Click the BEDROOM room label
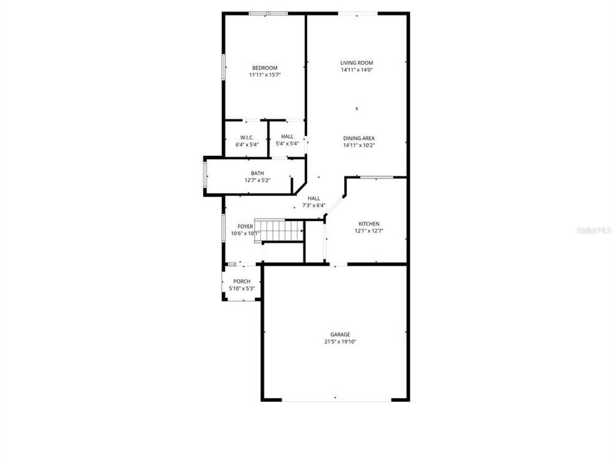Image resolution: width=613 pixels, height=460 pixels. point(265,68)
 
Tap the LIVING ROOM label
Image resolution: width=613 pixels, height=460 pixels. point(357,63)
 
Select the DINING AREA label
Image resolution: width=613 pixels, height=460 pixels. point(359,138)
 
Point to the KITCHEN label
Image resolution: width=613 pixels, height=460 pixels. point(368,224)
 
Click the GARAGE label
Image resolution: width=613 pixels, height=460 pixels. point(340,334)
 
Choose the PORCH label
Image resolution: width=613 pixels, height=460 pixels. point(242,282)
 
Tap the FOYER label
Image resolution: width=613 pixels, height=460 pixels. point(245,226)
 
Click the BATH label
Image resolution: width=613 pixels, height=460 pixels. point(257,173)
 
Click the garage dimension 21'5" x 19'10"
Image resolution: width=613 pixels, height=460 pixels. point(340,342)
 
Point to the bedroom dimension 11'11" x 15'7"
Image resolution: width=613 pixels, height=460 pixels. point(265,75)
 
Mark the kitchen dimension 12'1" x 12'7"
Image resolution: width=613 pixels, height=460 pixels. point(368,231)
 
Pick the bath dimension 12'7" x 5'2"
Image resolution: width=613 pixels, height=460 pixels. point(257,180)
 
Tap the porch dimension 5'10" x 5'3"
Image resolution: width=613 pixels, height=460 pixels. point(242,289)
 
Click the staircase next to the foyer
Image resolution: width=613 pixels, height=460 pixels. point(279,229)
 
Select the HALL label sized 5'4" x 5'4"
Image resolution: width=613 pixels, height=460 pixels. point(287,137)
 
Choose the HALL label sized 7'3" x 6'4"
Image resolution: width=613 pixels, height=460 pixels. point(314,198)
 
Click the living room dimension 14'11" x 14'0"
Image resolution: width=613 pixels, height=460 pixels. point(357,70)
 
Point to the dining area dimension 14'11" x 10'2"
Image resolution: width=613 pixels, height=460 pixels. point(359,145)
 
